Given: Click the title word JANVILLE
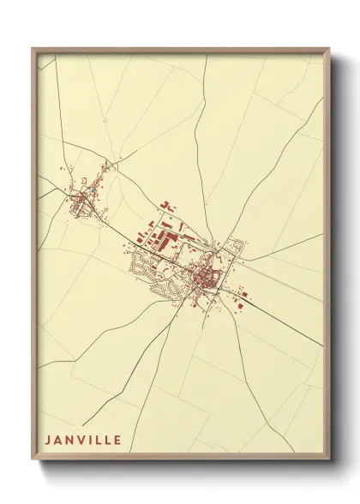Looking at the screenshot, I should point(82,441).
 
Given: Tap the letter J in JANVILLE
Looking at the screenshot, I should point(47,441).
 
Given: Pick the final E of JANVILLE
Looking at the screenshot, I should point(117,441).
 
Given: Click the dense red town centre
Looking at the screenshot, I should point(206,276).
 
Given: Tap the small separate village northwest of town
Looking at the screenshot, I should point(84,199).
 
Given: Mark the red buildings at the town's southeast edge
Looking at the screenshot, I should point(242,301).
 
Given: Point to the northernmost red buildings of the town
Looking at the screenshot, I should point(167,206).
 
